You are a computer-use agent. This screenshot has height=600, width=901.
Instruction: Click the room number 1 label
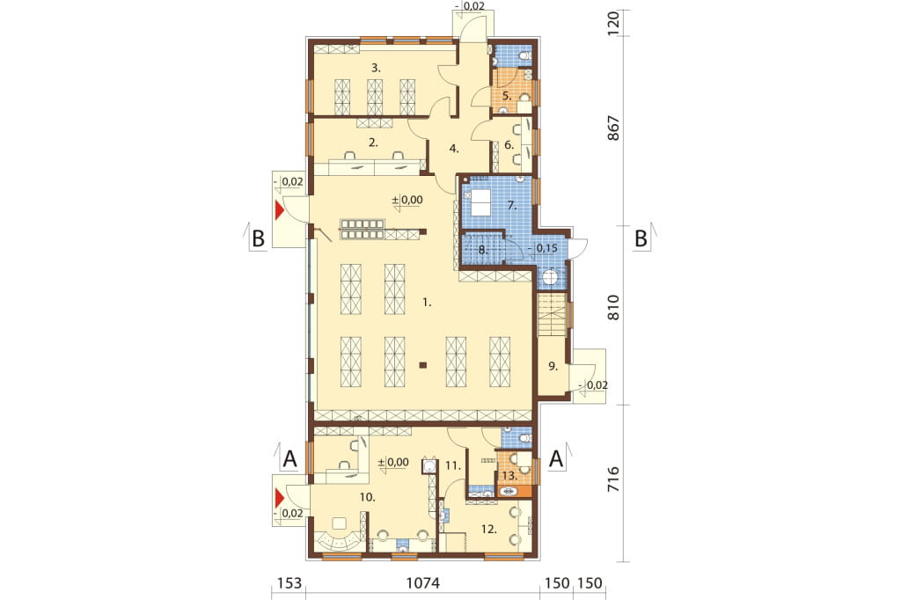pos(427,303)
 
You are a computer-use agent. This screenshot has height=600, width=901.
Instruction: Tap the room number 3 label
pos(375,68)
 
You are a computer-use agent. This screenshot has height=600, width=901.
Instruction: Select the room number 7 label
pos(511,205)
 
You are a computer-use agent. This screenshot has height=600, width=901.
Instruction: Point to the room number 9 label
pos(553,366)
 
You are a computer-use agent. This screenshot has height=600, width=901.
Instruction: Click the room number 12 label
pos(488,530)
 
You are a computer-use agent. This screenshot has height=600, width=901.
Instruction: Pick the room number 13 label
pos(509,476)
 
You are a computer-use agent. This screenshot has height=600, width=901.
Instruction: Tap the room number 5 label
pos(506,95)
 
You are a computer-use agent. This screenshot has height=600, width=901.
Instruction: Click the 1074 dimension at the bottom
pos(423,583)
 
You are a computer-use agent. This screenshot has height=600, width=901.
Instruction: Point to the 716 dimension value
pos(613,479)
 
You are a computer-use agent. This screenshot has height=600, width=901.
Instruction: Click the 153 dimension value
pos(289,583)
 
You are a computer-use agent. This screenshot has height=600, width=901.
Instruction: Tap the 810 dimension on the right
pos(613,307)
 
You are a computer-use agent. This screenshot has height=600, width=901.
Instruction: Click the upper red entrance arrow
pos(280,210)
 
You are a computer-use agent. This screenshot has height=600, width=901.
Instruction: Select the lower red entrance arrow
pos(280,496)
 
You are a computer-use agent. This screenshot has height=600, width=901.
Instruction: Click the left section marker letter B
pos(259,238)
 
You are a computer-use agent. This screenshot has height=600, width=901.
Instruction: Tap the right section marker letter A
pos(556,459)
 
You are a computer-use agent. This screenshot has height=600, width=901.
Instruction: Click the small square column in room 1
pos(423,364)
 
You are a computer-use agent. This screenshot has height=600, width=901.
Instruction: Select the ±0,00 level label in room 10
pos(393,462)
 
